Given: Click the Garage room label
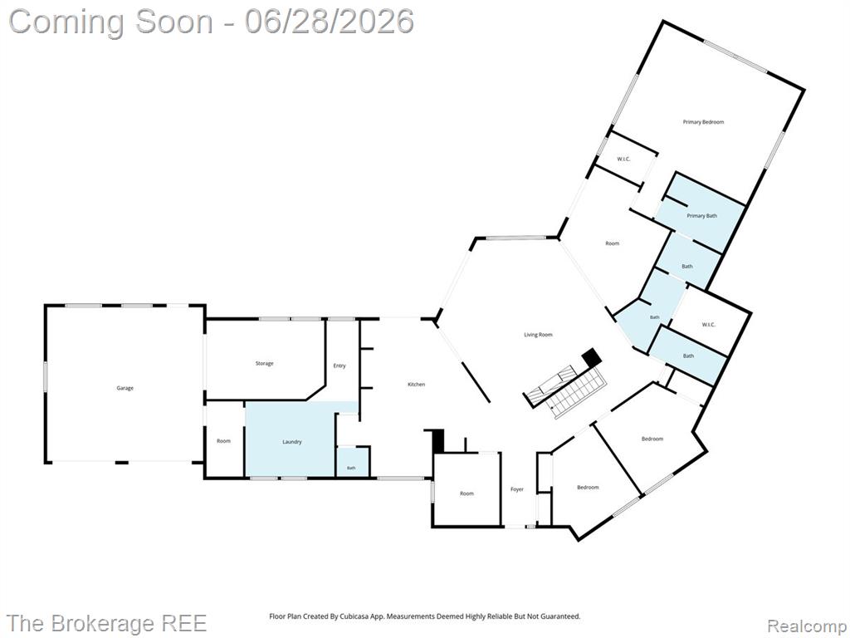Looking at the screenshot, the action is (x=125, y=388).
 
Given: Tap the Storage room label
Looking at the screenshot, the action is (x=265, y=364).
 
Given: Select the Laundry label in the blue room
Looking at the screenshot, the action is (x=291, y=442).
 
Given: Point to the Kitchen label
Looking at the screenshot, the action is (x=417, y=384).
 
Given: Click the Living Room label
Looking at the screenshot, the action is (x=538, y=335).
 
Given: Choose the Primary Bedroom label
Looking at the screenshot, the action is (x=703, y=122).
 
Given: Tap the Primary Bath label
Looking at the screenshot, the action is (x=702, y=216).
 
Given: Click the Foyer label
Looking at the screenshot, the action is (x=517, y=489).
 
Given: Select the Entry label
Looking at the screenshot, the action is (x=340, y=366).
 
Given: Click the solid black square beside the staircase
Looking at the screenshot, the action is (x=591, y=357).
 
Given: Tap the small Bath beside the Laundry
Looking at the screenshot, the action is (x=351, y=468).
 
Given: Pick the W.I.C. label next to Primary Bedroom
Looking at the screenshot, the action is (x=623, y=159).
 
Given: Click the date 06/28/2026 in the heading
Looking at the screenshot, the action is (x=329, y=22).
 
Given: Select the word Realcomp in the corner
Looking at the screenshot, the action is (x=807, y=626).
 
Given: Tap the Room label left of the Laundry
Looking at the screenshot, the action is (x=224, y=441).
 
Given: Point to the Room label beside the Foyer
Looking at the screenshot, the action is (x=467, y=493).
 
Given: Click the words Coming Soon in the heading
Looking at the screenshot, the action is (x=111, y=22).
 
